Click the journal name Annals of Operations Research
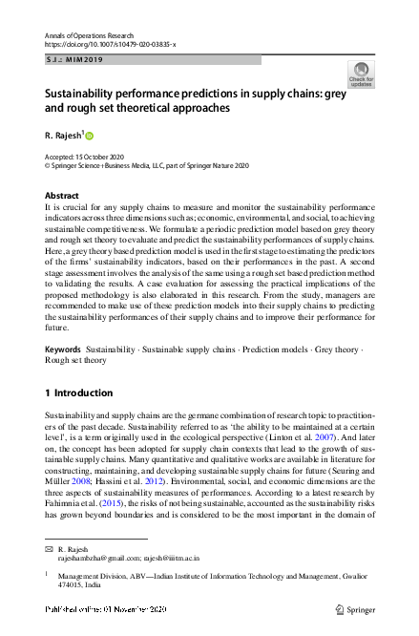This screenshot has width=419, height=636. pyautogui.click(x=88, y=34)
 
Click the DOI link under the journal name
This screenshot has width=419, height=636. pyautogui.click(x=110, y=45)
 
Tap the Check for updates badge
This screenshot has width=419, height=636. pyautogui.click(x=362, y=74)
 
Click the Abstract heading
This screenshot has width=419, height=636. pyautogui.click(x=62, y=195)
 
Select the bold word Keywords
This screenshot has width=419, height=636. pyautogui.click(x=63, y=350)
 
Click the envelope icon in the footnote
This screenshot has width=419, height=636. pyautogui.click(x=49, y=551)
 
